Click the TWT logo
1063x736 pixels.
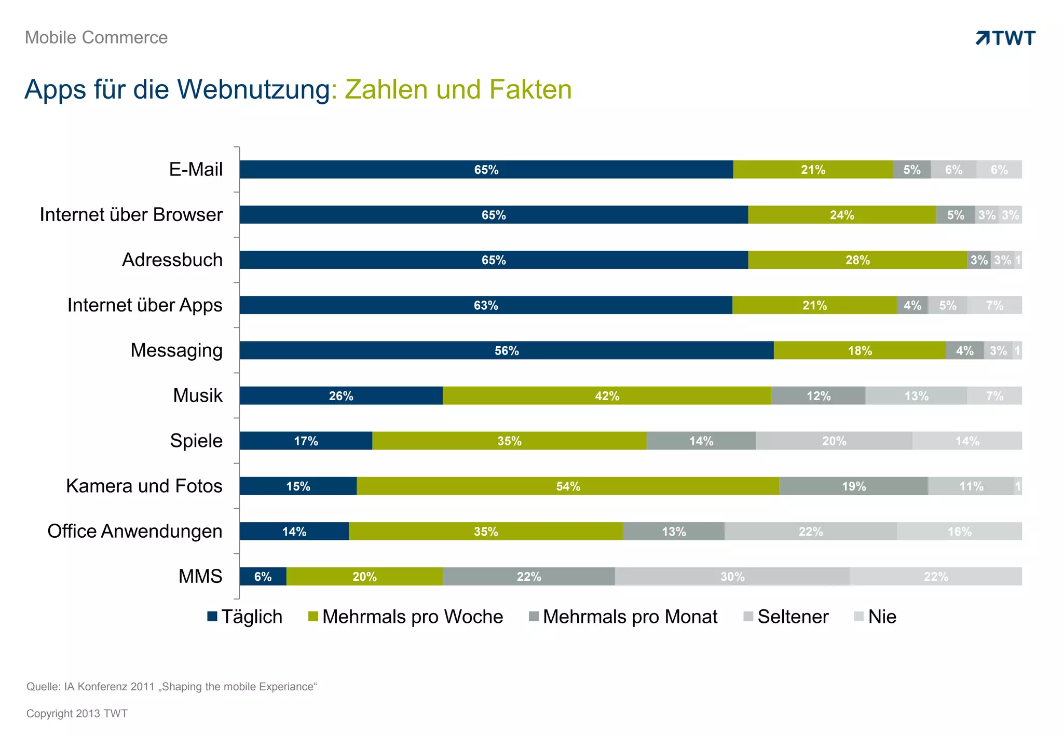pos(1005,38)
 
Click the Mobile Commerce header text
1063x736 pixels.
pos(96,37)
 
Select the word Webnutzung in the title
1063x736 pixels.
pos(253,89)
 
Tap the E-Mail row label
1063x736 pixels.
pos(196,169)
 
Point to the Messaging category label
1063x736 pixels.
pos(176,350)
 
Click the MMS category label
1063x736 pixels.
pos(200,576)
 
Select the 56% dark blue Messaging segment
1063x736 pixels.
pos(506,350)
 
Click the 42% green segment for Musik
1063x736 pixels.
pos(607,396)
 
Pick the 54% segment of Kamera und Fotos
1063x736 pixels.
pos(568,486)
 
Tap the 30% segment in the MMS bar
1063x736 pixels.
pos(732,577)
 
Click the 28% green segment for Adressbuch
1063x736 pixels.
pos(857,260)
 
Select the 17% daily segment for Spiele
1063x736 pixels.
pos(306,441)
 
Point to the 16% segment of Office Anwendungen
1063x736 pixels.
pos(959,531)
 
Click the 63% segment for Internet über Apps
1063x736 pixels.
pos(485,305)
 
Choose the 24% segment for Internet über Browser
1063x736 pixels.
pos(841,215)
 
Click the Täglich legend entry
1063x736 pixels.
pos(245,617)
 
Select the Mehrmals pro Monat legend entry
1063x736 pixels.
pos(623,617)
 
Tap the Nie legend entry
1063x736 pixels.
pos(876,617)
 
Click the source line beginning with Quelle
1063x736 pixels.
pos(171,687)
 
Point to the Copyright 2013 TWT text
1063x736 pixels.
pos(77,714)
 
